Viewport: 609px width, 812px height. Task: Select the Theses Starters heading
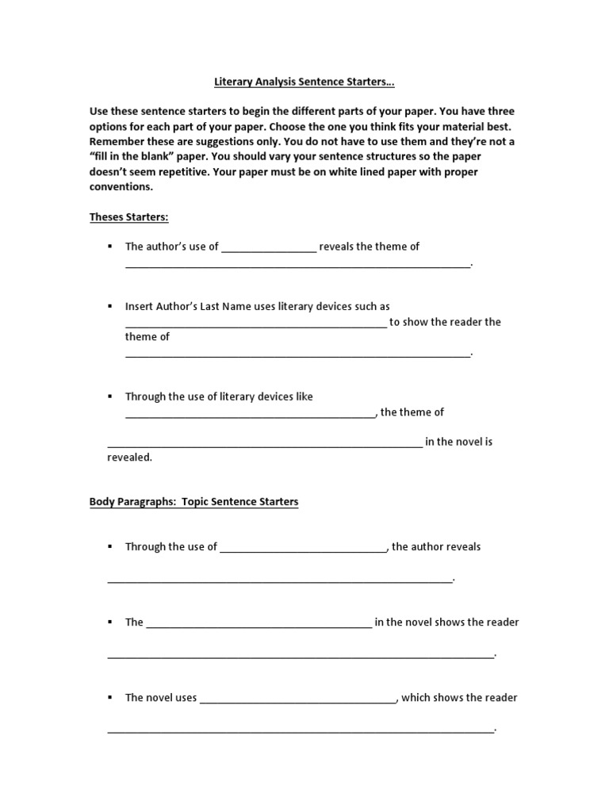(x=129, y=216)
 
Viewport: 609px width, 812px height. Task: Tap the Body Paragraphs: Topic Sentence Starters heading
(x=193, y=502)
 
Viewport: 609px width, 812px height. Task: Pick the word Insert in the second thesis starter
(x=140, y=306)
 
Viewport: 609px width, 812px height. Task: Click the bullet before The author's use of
(x=110, y=247)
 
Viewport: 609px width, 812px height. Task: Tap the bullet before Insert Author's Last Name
(x=110, y=306)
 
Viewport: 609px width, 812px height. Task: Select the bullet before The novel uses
(x=110, y=698)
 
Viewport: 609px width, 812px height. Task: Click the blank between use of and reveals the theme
(x=269, y=248)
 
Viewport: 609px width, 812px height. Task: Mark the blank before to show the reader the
(x=256, y=324)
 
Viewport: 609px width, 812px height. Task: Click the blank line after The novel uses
(x=298, y=699)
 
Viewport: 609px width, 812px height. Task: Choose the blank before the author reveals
(x=303, y=548)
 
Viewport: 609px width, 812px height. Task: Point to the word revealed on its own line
(x=129, y=457)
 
